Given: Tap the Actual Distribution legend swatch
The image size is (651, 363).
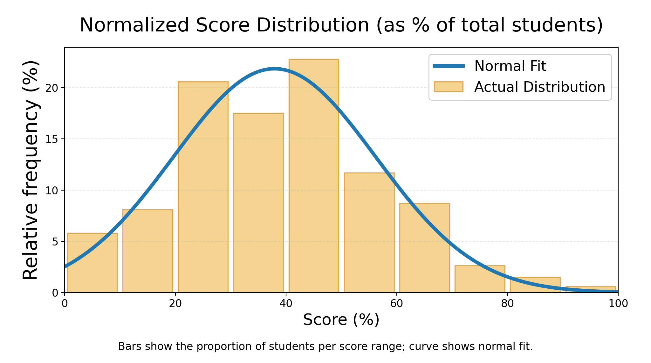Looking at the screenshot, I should (449, 87).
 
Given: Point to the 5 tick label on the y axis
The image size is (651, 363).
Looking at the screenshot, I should (54, 242).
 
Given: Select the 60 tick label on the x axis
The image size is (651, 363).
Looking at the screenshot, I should (396, 304).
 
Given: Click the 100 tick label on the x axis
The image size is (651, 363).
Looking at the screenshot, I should (618, 304).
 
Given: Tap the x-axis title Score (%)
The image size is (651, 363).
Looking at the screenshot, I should (341, 319).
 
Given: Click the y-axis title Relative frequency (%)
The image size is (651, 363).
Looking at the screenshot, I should (31, 170).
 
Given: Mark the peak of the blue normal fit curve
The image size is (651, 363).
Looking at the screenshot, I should (274, 69).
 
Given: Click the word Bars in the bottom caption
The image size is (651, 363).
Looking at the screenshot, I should (126, 346).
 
